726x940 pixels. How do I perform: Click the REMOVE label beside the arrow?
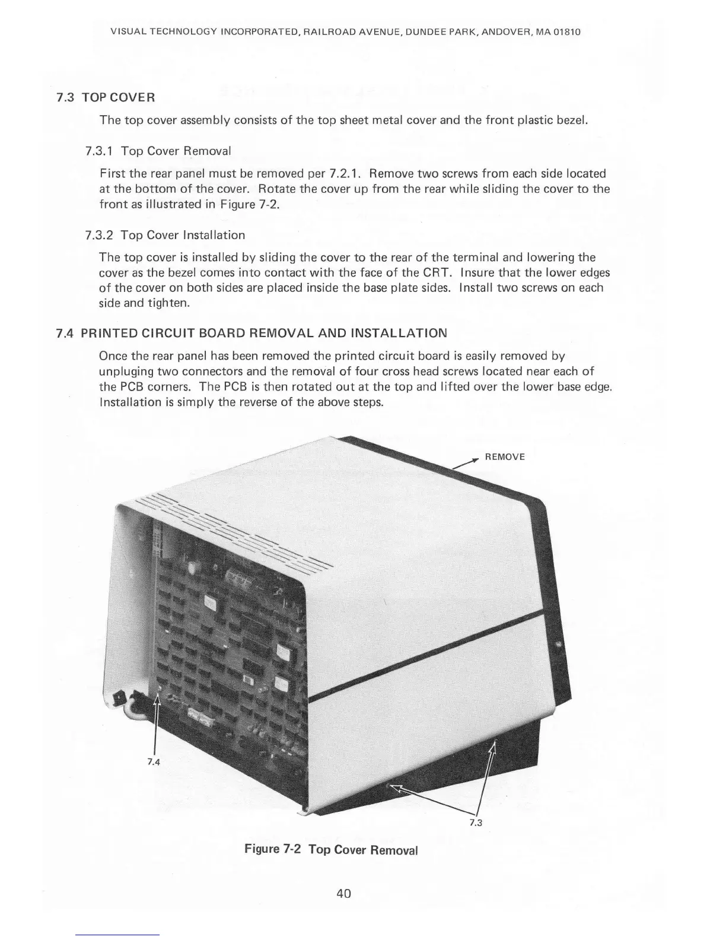pos(505,457)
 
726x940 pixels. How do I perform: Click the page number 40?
pos(343,893)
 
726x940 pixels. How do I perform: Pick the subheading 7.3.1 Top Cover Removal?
pos(158,151)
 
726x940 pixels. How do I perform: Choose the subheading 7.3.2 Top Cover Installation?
pos(165,235)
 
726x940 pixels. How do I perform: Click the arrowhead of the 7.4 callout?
pos(157,700)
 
